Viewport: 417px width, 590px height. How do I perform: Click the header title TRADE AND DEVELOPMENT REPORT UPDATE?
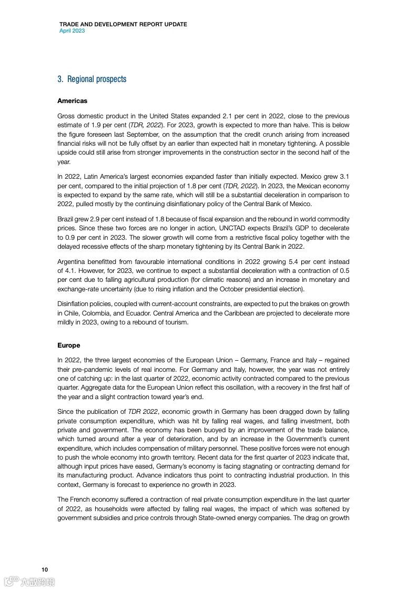[123, 24]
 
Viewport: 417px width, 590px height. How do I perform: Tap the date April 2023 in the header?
[72, 30]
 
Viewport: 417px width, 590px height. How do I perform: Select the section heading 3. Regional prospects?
[92, 79]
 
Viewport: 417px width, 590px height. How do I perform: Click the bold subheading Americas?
[72, 100]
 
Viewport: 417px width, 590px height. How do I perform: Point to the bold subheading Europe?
[69, 345]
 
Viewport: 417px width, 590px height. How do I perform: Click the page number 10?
[45, 569]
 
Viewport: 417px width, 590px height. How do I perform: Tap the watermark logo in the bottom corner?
[29, 581]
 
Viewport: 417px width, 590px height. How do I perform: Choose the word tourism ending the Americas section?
[175, 322]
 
